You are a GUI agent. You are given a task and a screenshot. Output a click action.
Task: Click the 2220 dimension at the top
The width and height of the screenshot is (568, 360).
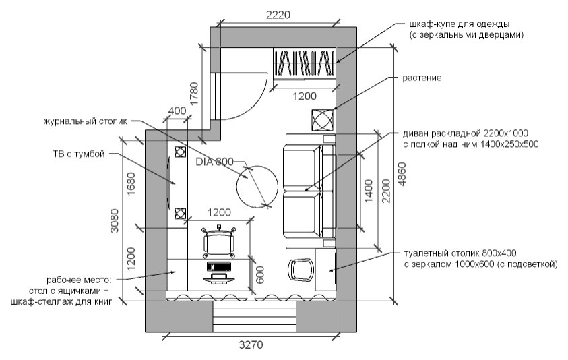coord(278,15)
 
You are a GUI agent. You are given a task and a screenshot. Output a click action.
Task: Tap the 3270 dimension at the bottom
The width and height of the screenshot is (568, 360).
coord(251,344)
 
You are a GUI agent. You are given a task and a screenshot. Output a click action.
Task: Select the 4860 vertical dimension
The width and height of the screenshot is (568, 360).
coord(402,175)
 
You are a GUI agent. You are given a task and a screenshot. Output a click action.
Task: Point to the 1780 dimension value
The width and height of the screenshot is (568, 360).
coord(194,94)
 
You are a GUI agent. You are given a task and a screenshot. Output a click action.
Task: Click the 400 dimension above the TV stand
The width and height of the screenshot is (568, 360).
coord(177,110)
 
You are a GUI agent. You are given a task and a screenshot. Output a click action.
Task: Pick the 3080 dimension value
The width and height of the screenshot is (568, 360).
coord(114,220)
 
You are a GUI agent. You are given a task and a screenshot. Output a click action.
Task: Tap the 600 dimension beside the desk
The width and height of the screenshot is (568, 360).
coord(260,275)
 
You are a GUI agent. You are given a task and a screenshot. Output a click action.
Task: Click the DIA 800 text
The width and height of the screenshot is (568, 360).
coord(214,162)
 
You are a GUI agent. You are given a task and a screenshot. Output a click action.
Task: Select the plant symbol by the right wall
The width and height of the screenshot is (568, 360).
coord(322,119)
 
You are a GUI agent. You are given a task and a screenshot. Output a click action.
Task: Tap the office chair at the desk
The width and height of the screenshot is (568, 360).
coord(218,242)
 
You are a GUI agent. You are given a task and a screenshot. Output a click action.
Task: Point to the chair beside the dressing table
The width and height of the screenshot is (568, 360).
coord(301,270)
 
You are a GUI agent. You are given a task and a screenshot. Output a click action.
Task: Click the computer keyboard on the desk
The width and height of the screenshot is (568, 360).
coord(219,266)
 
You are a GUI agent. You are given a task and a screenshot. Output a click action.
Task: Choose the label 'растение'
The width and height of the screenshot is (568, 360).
coord(422,78)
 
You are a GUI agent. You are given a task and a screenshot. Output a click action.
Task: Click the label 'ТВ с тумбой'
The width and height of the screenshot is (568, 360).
coord(79,154)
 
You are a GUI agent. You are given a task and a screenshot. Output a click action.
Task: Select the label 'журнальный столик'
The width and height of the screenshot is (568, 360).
coord(86,121)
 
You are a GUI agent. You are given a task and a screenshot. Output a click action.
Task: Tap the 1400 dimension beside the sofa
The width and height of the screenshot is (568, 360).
coord(369,191)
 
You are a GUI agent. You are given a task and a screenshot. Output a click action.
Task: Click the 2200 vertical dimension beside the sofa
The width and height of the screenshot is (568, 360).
coord(387,191)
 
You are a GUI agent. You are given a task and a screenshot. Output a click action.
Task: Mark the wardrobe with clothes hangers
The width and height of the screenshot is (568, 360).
coord(305,63)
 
